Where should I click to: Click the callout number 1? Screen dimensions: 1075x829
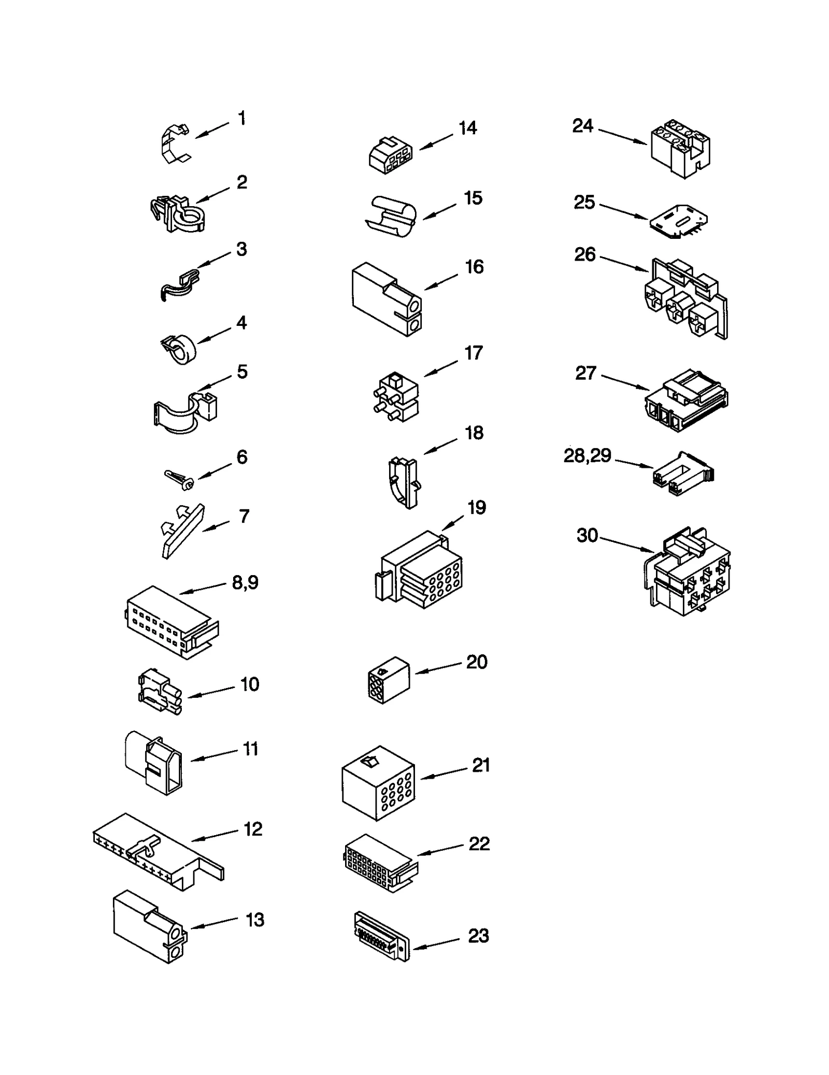[242, 119]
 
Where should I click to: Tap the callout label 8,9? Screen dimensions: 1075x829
[245, 583]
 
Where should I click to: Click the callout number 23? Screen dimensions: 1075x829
[478, 936]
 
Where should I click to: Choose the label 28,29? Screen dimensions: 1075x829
[587, 456]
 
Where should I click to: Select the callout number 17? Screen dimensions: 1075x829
[474, 353]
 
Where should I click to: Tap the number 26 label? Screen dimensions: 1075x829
[585, 254]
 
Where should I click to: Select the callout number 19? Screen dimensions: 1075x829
[477, 508]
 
